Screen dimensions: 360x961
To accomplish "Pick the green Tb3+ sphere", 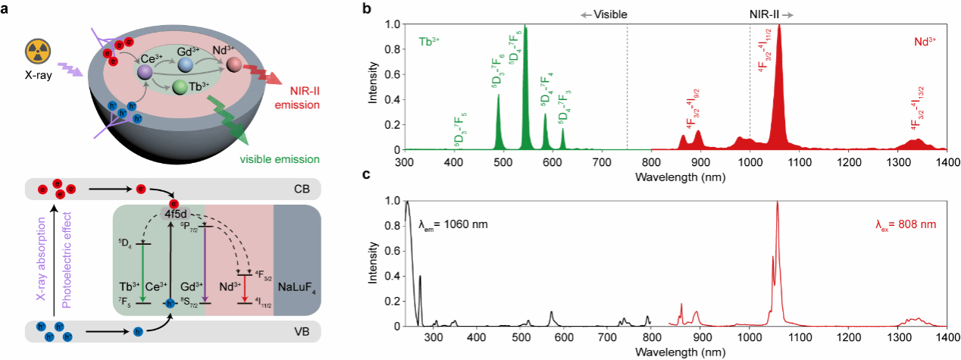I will [x=180, y=88].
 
